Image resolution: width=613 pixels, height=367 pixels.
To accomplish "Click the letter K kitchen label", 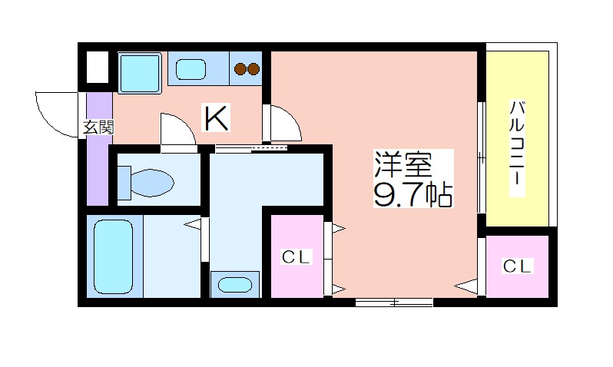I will (x=216, y=117).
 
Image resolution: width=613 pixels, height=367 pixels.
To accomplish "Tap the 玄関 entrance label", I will (x=98, y=127).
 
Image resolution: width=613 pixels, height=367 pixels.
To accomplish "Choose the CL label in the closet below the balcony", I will (x=518, y=266).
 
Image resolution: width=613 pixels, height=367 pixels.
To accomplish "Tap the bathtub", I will (x=113, y=255).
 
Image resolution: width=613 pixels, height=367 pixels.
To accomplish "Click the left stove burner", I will (x=240, y=70).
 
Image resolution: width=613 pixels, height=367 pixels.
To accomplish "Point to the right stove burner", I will (x=253, y=70).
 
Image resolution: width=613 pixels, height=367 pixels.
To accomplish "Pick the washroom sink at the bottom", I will (x=234, y=284).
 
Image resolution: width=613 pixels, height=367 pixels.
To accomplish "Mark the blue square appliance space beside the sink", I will (x=140, y=73).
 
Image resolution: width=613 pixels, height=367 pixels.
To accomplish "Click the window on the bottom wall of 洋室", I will (x=394, y=302).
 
